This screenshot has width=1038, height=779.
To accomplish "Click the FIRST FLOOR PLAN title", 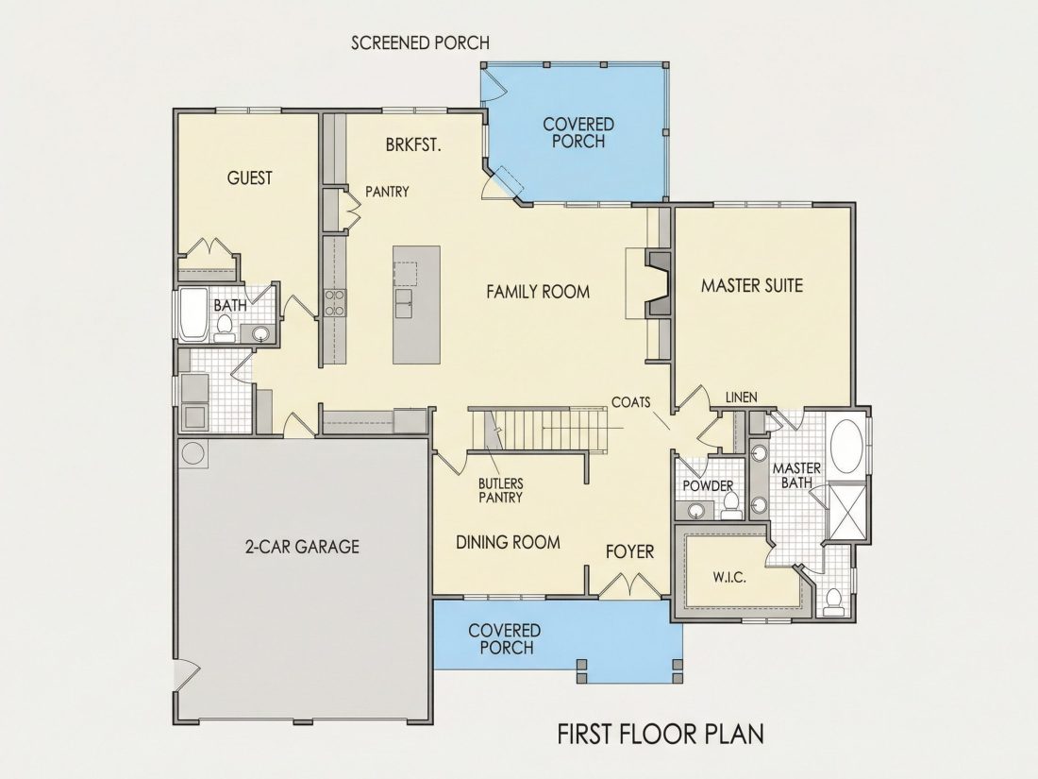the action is click(x=661, y=734).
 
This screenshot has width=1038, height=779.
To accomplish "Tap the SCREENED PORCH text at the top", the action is click(x=420, y=43).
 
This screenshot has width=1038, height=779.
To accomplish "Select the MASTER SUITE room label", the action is click(x=752, y=286).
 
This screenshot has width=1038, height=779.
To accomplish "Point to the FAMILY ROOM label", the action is click(x=538, y=292).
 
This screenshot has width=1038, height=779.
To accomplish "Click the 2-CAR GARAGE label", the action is click(x=302, y=547).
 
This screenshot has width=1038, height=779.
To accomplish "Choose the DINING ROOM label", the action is click(x=508, y=543).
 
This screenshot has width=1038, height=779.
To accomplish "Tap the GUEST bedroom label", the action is click(x=249, y=178).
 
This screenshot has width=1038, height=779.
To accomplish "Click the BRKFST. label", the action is click(x=413, y=145).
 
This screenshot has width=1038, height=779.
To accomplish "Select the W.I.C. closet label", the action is click(x=729, y=578).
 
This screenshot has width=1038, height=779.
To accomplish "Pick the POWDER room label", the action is click(x=708, y=485).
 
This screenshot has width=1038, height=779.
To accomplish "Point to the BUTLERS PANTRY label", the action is click(x=500, y=491).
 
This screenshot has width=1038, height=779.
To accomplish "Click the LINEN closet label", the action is click(x=742, y=398).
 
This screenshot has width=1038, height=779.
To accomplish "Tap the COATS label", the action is click(x=631, y=402).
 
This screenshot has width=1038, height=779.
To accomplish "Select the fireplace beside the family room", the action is click(x=658, y=283).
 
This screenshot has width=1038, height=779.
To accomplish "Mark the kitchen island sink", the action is click(x=403, y=303).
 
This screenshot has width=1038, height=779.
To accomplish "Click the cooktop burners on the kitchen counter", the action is click(x=334, y=302).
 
